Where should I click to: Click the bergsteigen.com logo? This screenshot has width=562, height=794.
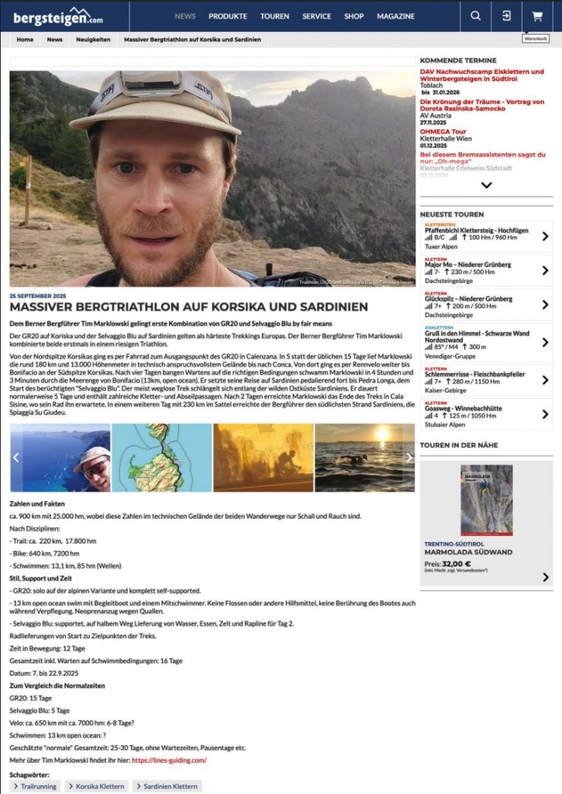click(59, 16)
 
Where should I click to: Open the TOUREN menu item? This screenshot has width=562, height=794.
click(274, 16)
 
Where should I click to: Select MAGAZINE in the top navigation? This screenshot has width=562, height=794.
click(395, 16)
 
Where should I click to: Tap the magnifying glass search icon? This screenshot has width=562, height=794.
click(476, 16)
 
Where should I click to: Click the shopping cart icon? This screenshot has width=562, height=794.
click(536, 16)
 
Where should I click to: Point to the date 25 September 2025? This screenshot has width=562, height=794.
click(38, 296)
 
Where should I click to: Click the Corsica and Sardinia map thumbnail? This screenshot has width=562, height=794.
click(161, 457)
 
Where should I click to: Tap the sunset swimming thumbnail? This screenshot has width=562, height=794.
click(364, 457)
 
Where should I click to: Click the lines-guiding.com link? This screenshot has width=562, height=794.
click(169, 761)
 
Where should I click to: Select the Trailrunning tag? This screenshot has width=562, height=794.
click(34, 786)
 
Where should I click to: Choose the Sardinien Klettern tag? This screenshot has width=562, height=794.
click(171, 786)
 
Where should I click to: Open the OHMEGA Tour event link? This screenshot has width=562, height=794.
click(443, 132)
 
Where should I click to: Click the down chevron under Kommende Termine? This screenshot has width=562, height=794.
click(486, 185)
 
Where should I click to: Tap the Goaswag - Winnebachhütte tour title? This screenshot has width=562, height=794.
click(464, 409)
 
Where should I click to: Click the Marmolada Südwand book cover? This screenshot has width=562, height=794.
click(486, 500)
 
